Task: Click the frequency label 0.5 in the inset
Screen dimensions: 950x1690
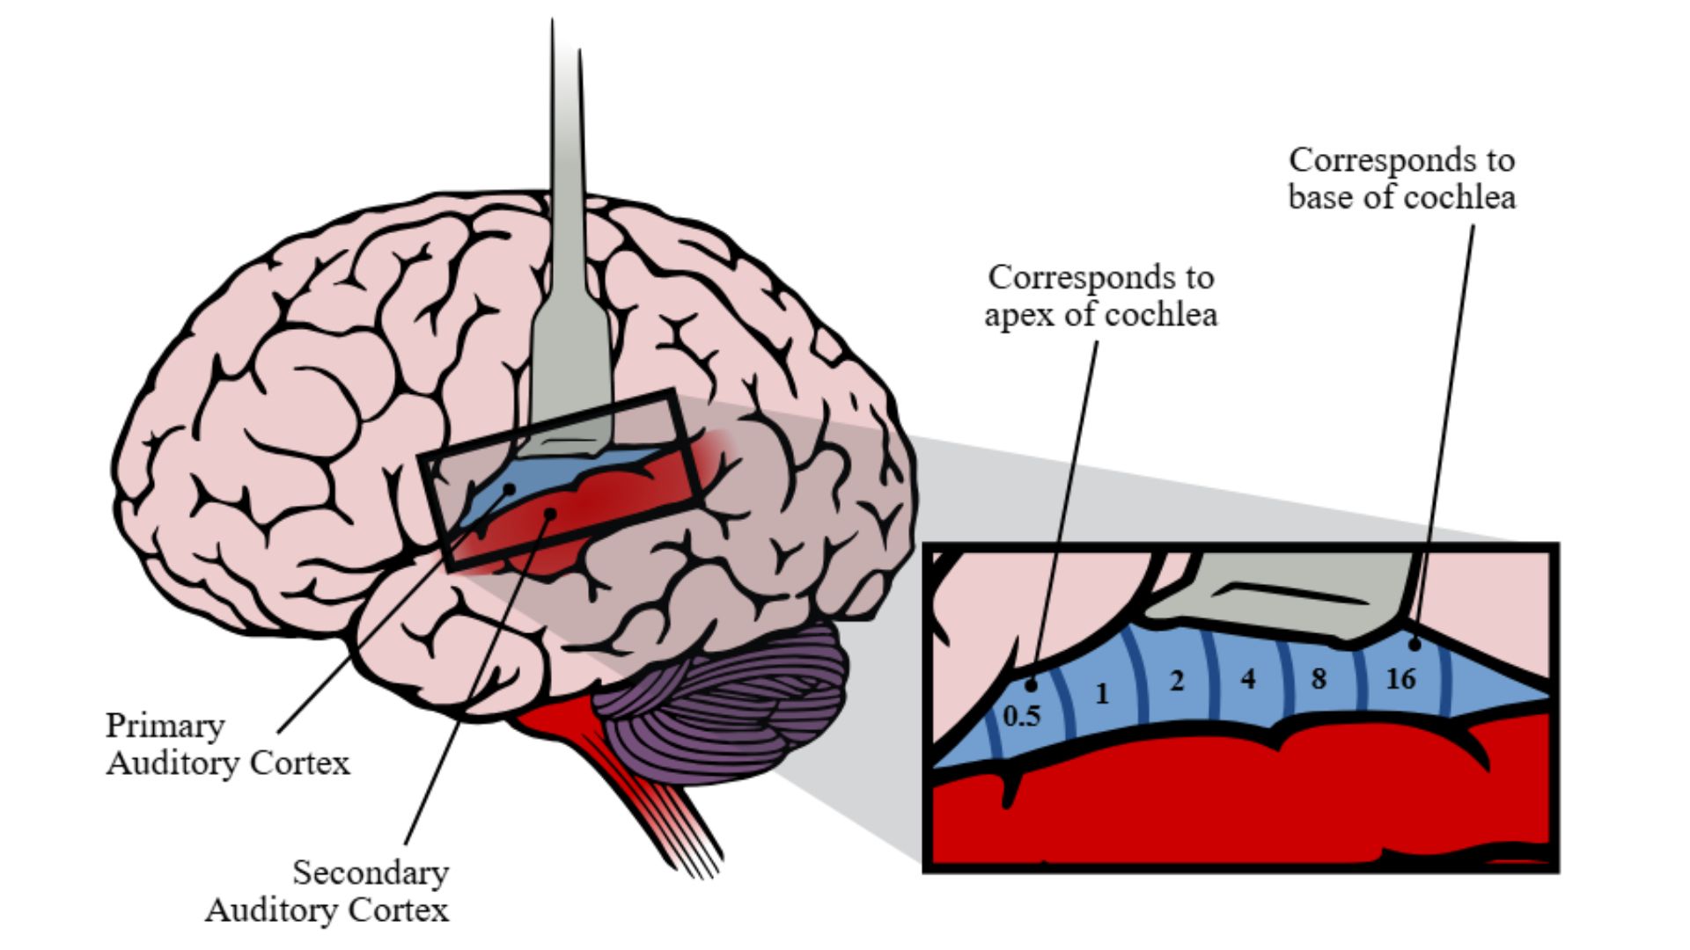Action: [x=1022, y=716]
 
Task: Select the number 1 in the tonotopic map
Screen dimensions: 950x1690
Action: [x=1102, y=694]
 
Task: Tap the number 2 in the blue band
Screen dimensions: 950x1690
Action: [x=1177, y=680]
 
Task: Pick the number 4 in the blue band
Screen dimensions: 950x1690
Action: [x=1247, y=678]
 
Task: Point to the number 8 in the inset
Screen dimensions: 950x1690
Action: [x=1318, y=678]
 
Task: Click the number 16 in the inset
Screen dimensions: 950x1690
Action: [x=1400, y=679]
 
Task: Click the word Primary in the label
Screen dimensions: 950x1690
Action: [x=165, y=727]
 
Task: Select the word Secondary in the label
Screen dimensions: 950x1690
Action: [x=371, y=873]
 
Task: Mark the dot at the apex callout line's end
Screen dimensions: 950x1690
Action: [x=1032, y=685]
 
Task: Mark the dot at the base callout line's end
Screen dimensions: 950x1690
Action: [x=1414, y=644]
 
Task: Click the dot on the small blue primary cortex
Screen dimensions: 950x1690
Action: [x=509, y=488]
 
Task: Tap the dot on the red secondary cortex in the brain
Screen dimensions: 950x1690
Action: [x=549, y=511]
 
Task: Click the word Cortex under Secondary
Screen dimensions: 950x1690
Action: [x=399, y=910]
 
